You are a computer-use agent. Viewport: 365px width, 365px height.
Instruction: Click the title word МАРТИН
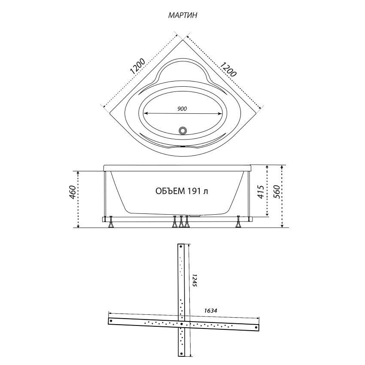tap(182, 15)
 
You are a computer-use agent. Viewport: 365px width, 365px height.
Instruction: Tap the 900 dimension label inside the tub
tap(182, 109)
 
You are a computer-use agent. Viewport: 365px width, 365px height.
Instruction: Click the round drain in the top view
tap(183, 131)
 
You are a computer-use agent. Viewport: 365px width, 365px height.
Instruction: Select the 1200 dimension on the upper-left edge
tap(137, 66)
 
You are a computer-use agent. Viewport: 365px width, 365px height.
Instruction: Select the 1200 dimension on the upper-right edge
tap(228, 69)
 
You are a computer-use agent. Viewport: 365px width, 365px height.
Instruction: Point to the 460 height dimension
tap(73, 192)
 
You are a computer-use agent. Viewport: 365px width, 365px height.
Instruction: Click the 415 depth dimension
tap(261, 192)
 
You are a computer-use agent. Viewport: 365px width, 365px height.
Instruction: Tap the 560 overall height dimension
tap(276, 192)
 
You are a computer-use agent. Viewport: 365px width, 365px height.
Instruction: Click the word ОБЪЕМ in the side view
tap(169, 191)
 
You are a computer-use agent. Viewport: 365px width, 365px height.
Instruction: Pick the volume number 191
tap(193, 191)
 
